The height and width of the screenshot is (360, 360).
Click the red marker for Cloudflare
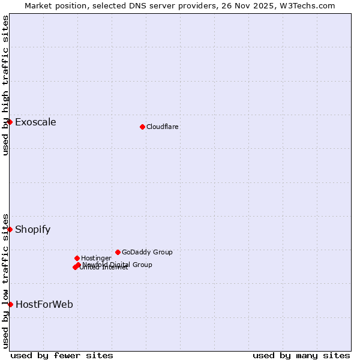tap(142, 127)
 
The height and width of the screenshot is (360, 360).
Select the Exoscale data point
tap(10, 122)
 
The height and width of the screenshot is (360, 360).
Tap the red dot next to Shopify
tap(10, 229)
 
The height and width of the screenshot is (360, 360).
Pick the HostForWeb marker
tap(10, 304)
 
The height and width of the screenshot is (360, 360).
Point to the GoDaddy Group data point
tap(118, 252)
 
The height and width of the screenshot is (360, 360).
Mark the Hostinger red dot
tap(77, 258)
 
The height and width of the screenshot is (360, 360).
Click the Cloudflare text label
tap(163, 127)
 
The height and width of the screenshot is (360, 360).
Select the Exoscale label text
tap(35, 122)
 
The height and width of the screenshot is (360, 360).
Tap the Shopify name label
tap(32, 229)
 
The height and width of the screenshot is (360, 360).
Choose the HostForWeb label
tap(44, 304)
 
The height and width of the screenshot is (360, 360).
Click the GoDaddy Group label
tap(147, 252)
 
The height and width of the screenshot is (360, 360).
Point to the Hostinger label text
tap(96, 258)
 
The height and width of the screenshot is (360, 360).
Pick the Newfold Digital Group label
tap(118, 265)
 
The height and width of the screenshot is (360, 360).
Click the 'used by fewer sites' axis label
tap(62, 355)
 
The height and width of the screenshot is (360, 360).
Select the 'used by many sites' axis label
tap(301, 355)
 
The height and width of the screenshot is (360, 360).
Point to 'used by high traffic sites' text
tap(5, 85)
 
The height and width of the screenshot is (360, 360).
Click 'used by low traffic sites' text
tap(5, 281)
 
